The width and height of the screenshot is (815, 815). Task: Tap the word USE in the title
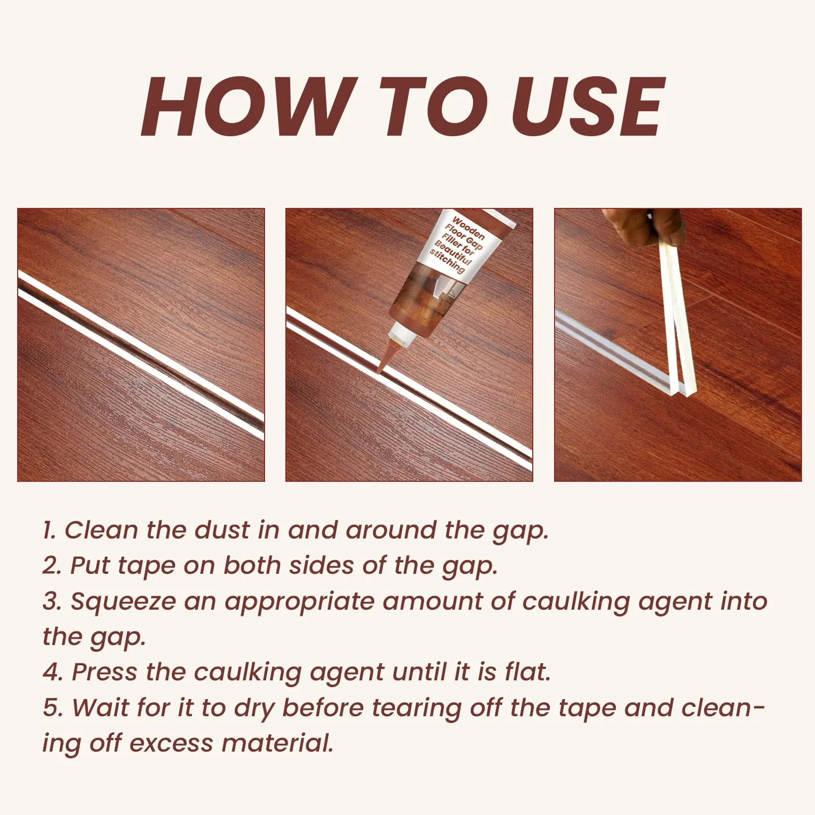pos(589,107)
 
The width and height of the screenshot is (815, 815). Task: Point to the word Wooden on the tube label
pos(468,228)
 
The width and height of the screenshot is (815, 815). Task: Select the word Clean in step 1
pos(100,530)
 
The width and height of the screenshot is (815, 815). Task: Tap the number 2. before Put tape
pos(52,566)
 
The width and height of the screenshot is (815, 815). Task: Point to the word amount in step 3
pos(432,601)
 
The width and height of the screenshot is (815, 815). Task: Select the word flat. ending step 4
pos(527,672)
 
